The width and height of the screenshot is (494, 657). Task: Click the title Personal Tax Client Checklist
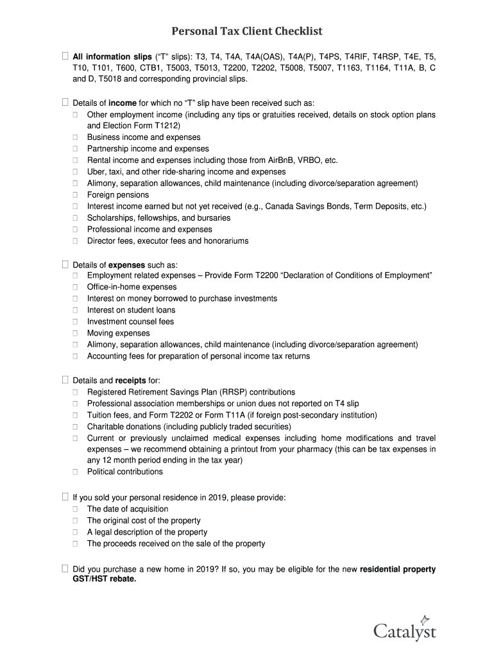(246, 31)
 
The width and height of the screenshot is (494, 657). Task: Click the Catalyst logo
(405, 629)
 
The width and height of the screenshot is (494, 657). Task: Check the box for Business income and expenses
(75, 137)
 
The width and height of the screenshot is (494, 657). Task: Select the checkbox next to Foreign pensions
(75, 195)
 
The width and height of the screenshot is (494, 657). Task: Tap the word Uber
(97, 172)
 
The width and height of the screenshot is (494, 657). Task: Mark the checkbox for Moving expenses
(75, 334)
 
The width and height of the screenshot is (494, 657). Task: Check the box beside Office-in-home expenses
(75, 287)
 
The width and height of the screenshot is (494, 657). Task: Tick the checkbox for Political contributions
(75, 472)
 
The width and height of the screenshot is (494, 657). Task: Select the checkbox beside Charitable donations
(75, 427)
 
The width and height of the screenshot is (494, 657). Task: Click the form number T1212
(165, 126)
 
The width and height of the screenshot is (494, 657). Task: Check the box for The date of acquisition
(75, 509)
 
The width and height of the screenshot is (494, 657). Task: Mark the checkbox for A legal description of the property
(75, 533)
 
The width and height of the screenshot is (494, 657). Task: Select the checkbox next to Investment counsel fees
(75, 322)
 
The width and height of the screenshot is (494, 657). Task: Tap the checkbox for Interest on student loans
(75, 311)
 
